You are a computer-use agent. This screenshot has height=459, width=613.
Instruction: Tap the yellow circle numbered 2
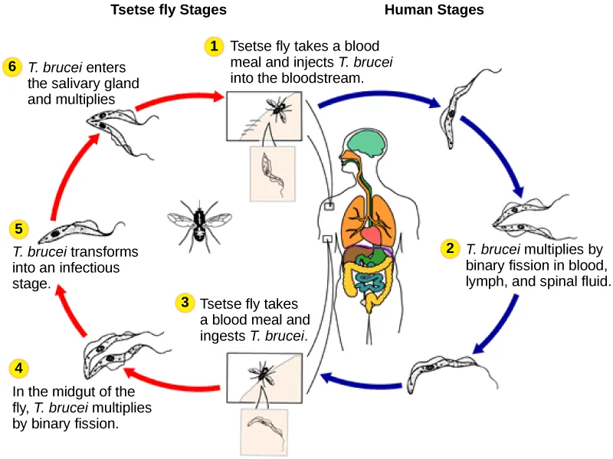tap(451, 248)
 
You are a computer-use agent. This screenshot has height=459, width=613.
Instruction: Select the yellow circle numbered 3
tap(184, 303)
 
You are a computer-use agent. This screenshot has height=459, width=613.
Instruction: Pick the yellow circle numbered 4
tap(19, 368)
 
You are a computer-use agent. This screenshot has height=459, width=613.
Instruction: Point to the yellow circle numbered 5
tap(19, 229)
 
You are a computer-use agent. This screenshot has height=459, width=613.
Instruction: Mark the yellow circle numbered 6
tap(11, 66)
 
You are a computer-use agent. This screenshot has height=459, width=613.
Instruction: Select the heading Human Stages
tap(434, 10)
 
